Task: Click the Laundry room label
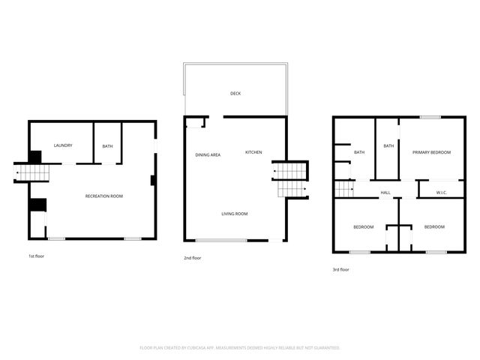pos(63,145)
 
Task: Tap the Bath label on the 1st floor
pos(107,146)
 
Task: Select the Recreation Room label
pos(104,196)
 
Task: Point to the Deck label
pos(235,94)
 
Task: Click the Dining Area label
pos(208,155)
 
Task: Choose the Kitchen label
pos(253,153)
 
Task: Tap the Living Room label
pos(234,214)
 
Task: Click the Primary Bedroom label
pos(431,153)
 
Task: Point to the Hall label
pos(385,193)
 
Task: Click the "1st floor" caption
pos(37,256)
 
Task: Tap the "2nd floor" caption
pos(193,258)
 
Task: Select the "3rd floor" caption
pos(341,269)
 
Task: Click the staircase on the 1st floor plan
pos(32,174)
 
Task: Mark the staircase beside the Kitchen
pos(291,180)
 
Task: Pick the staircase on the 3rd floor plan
pos(344,188)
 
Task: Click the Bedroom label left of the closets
pos(364,227)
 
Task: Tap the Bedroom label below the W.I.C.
pos(434,227)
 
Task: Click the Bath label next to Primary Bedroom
pos(388,146)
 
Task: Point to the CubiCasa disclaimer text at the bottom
pos(240,348)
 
